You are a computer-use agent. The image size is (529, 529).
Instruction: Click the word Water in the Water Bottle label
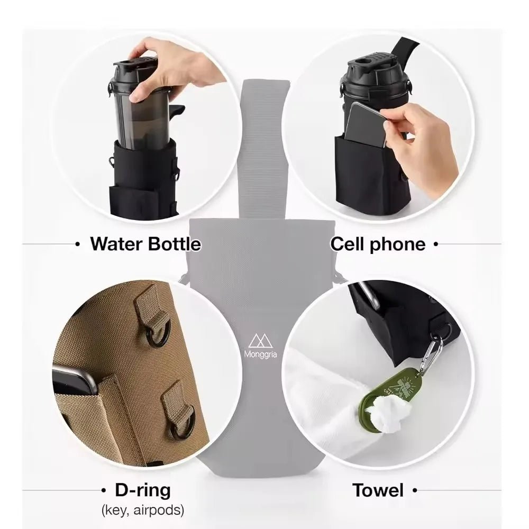click(117, 244)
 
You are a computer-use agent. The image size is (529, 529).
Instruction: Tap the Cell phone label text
click(378, 244)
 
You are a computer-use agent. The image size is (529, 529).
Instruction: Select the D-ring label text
click(142, 490)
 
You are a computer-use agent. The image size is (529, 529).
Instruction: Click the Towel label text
click(378, 490)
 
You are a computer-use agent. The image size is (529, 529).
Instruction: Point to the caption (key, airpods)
click(142, 510)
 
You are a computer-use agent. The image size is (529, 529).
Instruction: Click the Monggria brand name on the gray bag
click(264, 354)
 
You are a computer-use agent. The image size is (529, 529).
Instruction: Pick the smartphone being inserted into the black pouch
click(365, 124)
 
